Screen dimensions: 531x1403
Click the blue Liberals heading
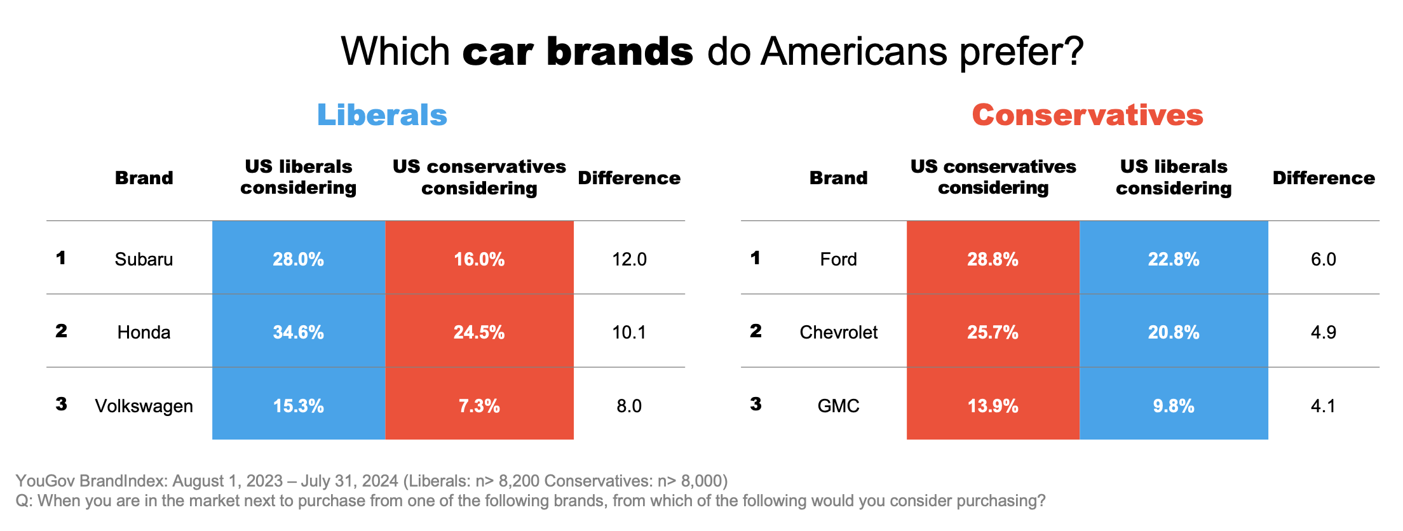pyautogui.click(x=382, y=115)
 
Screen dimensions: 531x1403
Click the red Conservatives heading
pyautogui.click(x=1087, y=115)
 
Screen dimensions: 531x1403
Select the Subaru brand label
pyautogui.click(x=144, y=259)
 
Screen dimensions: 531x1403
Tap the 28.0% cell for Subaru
pyautogui.click(x=298, y=259)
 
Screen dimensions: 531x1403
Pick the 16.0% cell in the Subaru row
pyautogui.click(x=479, y=259)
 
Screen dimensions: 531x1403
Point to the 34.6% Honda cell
pyautogui.click(x=298, y=332)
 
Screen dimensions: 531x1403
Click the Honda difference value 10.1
pyautogui.click(x=629, y=332)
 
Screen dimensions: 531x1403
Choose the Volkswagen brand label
pyautogui.click(x=144, y=406)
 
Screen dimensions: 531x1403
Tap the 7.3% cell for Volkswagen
pyautogui.click(x=479, y=405)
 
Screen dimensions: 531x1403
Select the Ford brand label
pyautogui.click(x=838, y=259)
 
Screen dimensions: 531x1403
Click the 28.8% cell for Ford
pyautogui.click(x=993, y=259)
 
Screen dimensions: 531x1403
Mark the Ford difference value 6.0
pyautogui.click(x=1323, y=259)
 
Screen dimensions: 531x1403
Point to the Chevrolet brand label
pyautogui.click(x=838, y=332)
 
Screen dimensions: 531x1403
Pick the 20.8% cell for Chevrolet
pyautogui.click(x=1173, y=332)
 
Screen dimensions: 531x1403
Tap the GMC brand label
pyautogui.click(x=838, y=406)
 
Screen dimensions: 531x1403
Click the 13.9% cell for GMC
pyautogui.click(x=993, y=405)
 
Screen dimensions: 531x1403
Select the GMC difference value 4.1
pyautogui.click(x=1323, y=406)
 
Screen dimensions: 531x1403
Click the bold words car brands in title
pyautogui.click(x=578, y=51)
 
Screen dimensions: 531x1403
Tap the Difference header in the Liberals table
pyautogui.click(x=629, y=178)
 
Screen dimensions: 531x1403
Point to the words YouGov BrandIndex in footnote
pyautogui.click(x=91, y=481)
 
